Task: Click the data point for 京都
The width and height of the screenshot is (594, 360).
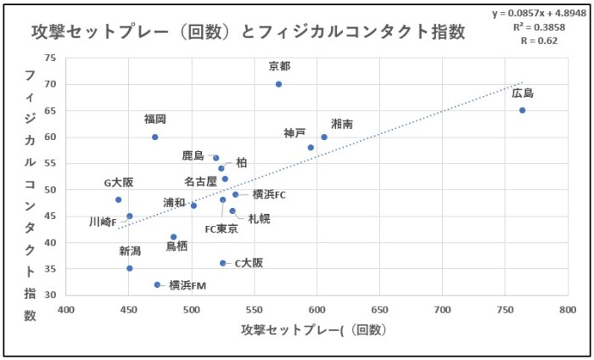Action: tap(278, 84)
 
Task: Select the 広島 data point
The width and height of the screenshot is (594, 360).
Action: tap(523, 110)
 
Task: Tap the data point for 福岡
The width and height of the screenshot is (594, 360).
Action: tap(155, 137)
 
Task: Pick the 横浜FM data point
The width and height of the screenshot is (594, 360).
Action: tap(158, 284)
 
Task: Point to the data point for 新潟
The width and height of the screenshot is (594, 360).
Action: tap(130, 268)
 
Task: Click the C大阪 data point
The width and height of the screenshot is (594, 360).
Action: tap(223, 263)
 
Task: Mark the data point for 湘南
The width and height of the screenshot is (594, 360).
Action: tap(324, 137)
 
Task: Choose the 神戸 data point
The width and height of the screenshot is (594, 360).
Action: tap(311, 148)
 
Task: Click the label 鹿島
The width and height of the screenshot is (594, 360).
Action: tap(193, 156)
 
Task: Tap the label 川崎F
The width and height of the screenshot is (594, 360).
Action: tap(104, 222)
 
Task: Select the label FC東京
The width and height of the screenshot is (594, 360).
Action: tap(221, 229)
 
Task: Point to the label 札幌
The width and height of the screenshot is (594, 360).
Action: tap(259, 218)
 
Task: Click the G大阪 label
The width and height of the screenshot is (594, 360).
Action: tap(119, 183)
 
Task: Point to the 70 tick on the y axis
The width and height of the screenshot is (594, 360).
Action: tap(49, 84)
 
